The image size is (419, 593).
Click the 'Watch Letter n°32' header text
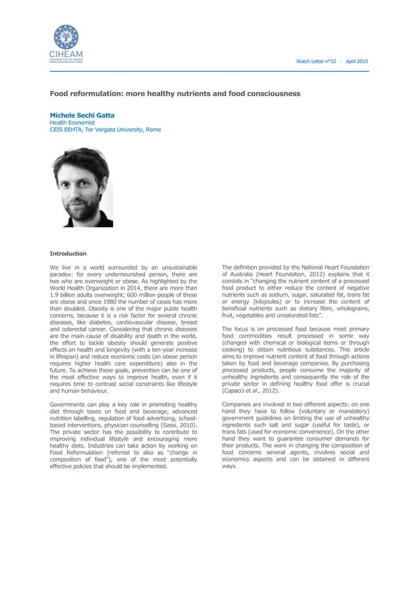316,61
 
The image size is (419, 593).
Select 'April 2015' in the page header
355,61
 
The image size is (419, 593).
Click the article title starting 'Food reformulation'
175,94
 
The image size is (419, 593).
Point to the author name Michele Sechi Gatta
82,115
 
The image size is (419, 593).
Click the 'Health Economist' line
72,122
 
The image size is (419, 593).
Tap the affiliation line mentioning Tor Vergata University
105,130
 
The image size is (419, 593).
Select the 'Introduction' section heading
68,253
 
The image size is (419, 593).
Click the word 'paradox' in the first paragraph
63,275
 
